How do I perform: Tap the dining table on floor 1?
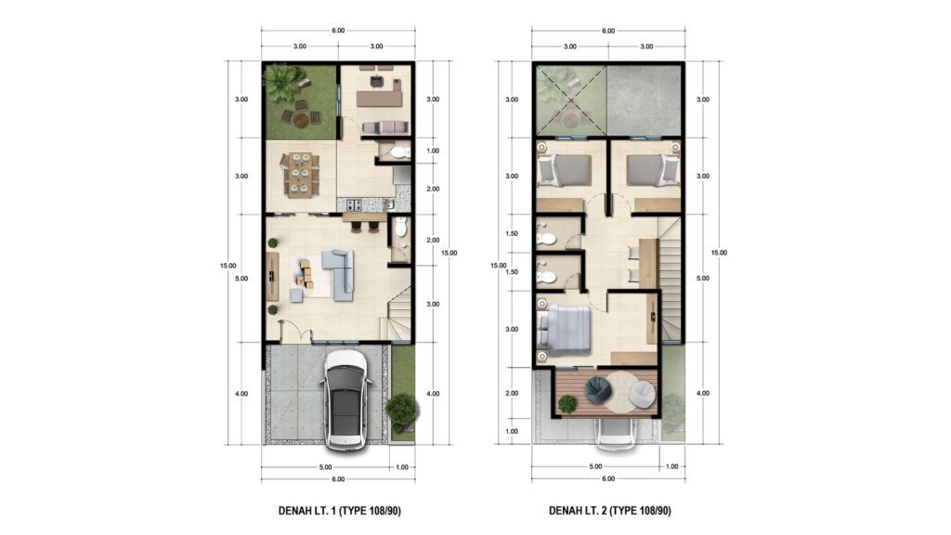300,175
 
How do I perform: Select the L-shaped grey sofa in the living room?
338,274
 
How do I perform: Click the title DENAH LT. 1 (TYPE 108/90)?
340,511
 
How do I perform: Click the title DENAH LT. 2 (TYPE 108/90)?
610,511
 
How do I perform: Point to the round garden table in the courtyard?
302,120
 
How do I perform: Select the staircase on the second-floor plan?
671,279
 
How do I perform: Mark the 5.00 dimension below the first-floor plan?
326,467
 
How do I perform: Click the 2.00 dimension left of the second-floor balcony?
512,393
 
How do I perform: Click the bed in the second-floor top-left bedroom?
564,170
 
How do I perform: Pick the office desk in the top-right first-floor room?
380,96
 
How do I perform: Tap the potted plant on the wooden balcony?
567,403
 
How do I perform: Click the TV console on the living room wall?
272,277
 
